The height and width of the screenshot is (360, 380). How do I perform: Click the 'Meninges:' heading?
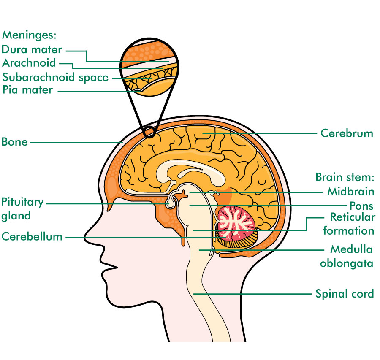(29, 35)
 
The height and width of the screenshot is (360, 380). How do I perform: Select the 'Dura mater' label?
(32, 49)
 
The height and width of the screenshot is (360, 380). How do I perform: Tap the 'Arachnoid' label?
(29, 63)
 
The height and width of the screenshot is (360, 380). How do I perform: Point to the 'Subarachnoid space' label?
(55, 78)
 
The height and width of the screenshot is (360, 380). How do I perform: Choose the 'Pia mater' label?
(27, 90)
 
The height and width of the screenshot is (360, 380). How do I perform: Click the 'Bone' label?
(14, 142)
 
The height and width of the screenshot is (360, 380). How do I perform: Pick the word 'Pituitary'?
(22, 203)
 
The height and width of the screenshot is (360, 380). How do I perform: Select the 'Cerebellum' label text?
(32, 236)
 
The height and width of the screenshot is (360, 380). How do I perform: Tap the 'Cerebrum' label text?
(347, 133)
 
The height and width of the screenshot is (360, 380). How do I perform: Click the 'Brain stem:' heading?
(345, 177)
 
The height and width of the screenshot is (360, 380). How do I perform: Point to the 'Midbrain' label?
(351, 191)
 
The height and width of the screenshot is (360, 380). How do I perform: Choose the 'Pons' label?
(361, 206)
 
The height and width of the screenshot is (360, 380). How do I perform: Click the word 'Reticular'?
(353, 217)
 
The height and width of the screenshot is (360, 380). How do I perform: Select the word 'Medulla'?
(351, 249)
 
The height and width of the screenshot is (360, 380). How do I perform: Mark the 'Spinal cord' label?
(345, 294)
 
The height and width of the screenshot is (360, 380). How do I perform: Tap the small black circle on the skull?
(148, 132)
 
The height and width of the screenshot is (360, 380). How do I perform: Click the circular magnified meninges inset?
(149, 67)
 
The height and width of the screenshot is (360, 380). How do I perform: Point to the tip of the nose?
(84, 238)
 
